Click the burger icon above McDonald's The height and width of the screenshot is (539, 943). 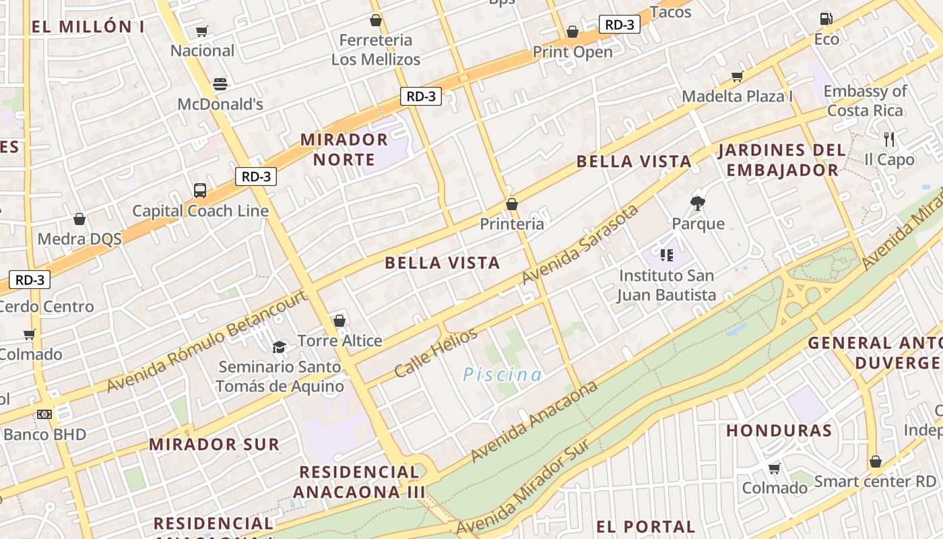220,84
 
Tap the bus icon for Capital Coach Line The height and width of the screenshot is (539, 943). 200,191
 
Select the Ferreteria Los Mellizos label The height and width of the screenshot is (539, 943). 376,50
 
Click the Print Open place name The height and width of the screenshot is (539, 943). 573,52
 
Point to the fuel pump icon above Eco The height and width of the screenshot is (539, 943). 826,19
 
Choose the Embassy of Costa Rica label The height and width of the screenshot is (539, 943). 865,100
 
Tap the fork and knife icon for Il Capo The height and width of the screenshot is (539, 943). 889,139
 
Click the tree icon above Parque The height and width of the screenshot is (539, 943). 698,203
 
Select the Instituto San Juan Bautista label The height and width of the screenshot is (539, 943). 667,285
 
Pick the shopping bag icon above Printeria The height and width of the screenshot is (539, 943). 512,203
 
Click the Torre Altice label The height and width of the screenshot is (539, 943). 340,341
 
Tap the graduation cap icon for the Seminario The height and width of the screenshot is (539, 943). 279,347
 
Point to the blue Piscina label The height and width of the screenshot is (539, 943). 502,375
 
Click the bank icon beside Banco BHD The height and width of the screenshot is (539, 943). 44,414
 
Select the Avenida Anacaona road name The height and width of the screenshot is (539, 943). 534,422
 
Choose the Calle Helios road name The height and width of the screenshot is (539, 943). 436,352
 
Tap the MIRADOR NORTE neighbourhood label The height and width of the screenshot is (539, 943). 344,150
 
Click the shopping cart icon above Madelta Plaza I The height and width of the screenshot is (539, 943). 738,76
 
